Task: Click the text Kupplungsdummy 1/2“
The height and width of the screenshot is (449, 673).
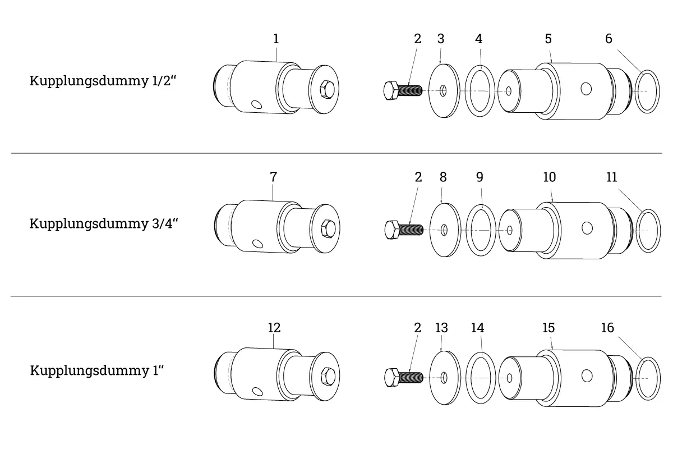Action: [103, 81]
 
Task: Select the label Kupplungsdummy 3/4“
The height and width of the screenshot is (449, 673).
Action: [104, 224]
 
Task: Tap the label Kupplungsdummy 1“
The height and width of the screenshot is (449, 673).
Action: [97, 370]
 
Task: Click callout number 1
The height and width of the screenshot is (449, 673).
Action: [276, 39]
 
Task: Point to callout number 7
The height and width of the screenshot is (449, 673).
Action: [274, 177]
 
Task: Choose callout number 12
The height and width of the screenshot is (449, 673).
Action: [274, 328]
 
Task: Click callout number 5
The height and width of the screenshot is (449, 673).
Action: [548, 39]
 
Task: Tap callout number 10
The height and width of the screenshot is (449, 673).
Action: [550, 177]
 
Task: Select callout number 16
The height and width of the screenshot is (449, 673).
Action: [607, 328]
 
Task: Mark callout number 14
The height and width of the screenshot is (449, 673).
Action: [478, 328]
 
